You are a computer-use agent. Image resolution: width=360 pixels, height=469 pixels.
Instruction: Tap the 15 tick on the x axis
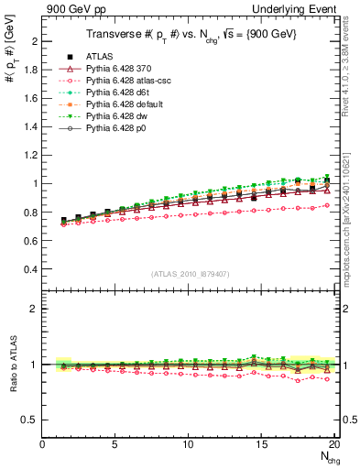click(x=261, y=444)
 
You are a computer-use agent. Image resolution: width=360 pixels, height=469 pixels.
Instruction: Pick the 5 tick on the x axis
click(x=115, y=444)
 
